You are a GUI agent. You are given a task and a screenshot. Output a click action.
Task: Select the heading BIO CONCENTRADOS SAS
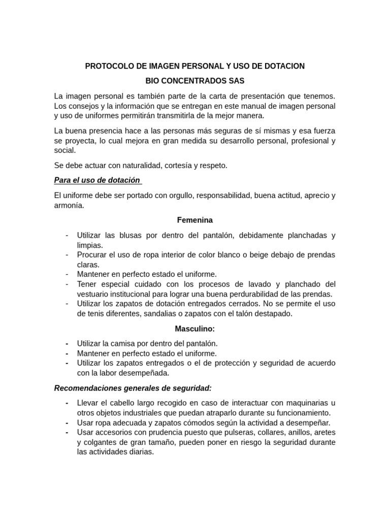[195, 81]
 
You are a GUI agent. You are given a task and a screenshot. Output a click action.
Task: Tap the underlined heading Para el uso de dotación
[97, 180]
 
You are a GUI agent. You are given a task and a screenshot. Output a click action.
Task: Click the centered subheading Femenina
[195, 220]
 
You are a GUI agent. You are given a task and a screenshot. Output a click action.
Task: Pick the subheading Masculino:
[195, 329]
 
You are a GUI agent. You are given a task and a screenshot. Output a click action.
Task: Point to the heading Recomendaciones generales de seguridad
[133, 388]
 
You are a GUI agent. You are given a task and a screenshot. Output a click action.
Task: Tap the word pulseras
[244, 432]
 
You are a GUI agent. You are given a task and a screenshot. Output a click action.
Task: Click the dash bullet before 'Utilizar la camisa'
[67, 343]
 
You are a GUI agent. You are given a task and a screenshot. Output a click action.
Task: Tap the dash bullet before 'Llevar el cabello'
[67, 403]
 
